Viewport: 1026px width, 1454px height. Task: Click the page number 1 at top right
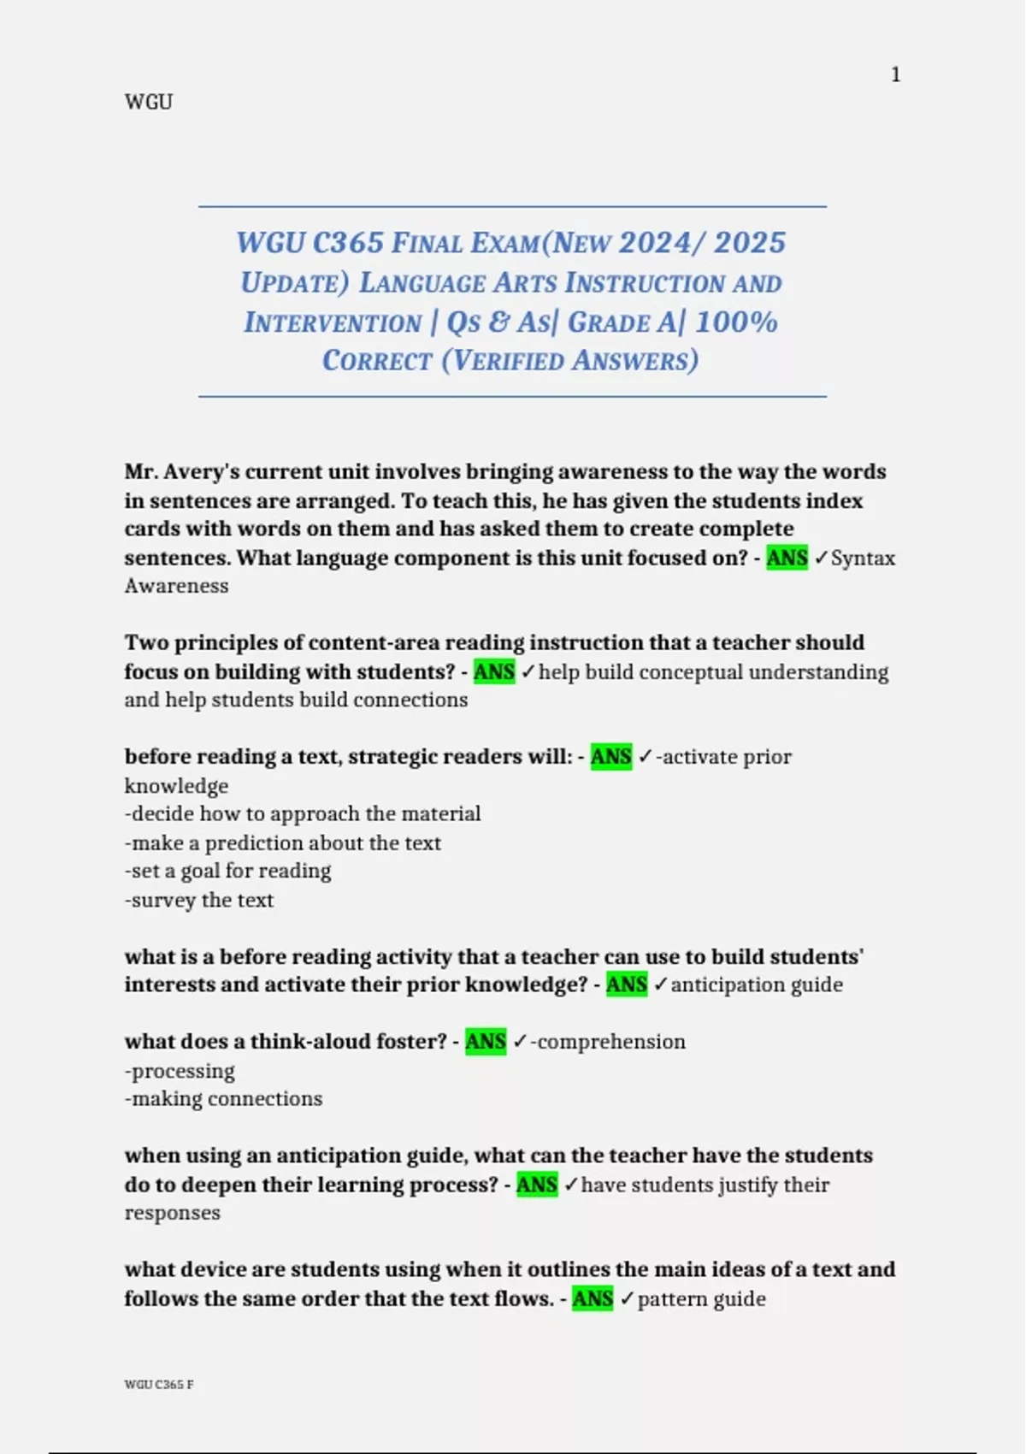coord(895,75)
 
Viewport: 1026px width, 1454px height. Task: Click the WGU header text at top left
coord(149,102)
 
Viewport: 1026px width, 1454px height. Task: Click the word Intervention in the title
coord(333,322)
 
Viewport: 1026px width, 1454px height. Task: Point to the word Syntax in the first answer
coord(863,559)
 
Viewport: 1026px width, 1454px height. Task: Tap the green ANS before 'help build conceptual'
coord(494,672)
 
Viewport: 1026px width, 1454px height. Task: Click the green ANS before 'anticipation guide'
coord(627,984)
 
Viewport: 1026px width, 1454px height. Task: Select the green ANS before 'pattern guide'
coord(593,1299)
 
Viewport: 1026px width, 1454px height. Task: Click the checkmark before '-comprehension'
coord(520,1042)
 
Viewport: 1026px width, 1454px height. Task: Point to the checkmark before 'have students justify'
coord(570,1185)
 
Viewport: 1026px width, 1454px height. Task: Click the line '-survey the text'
coord(199,900)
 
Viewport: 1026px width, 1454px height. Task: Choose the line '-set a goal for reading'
coord(228,871)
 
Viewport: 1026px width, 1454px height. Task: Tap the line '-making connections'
coord(224,1098)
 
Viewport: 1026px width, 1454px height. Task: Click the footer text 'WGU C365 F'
coord(159,1385)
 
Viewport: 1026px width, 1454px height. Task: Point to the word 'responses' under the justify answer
coord(173,1213)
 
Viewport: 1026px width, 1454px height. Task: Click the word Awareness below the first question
coord(177,586)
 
